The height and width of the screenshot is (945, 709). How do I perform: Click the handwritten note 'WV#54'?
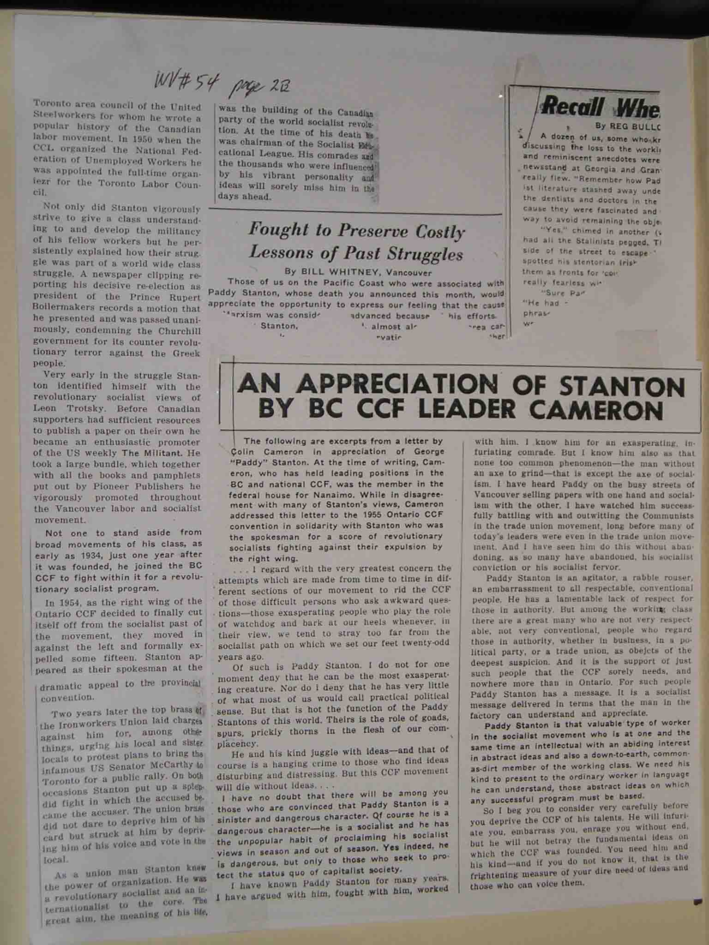tap(187, 84)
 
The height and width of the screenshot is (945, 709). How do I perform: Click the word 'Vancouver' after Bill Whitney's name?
tap(409, 272)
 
